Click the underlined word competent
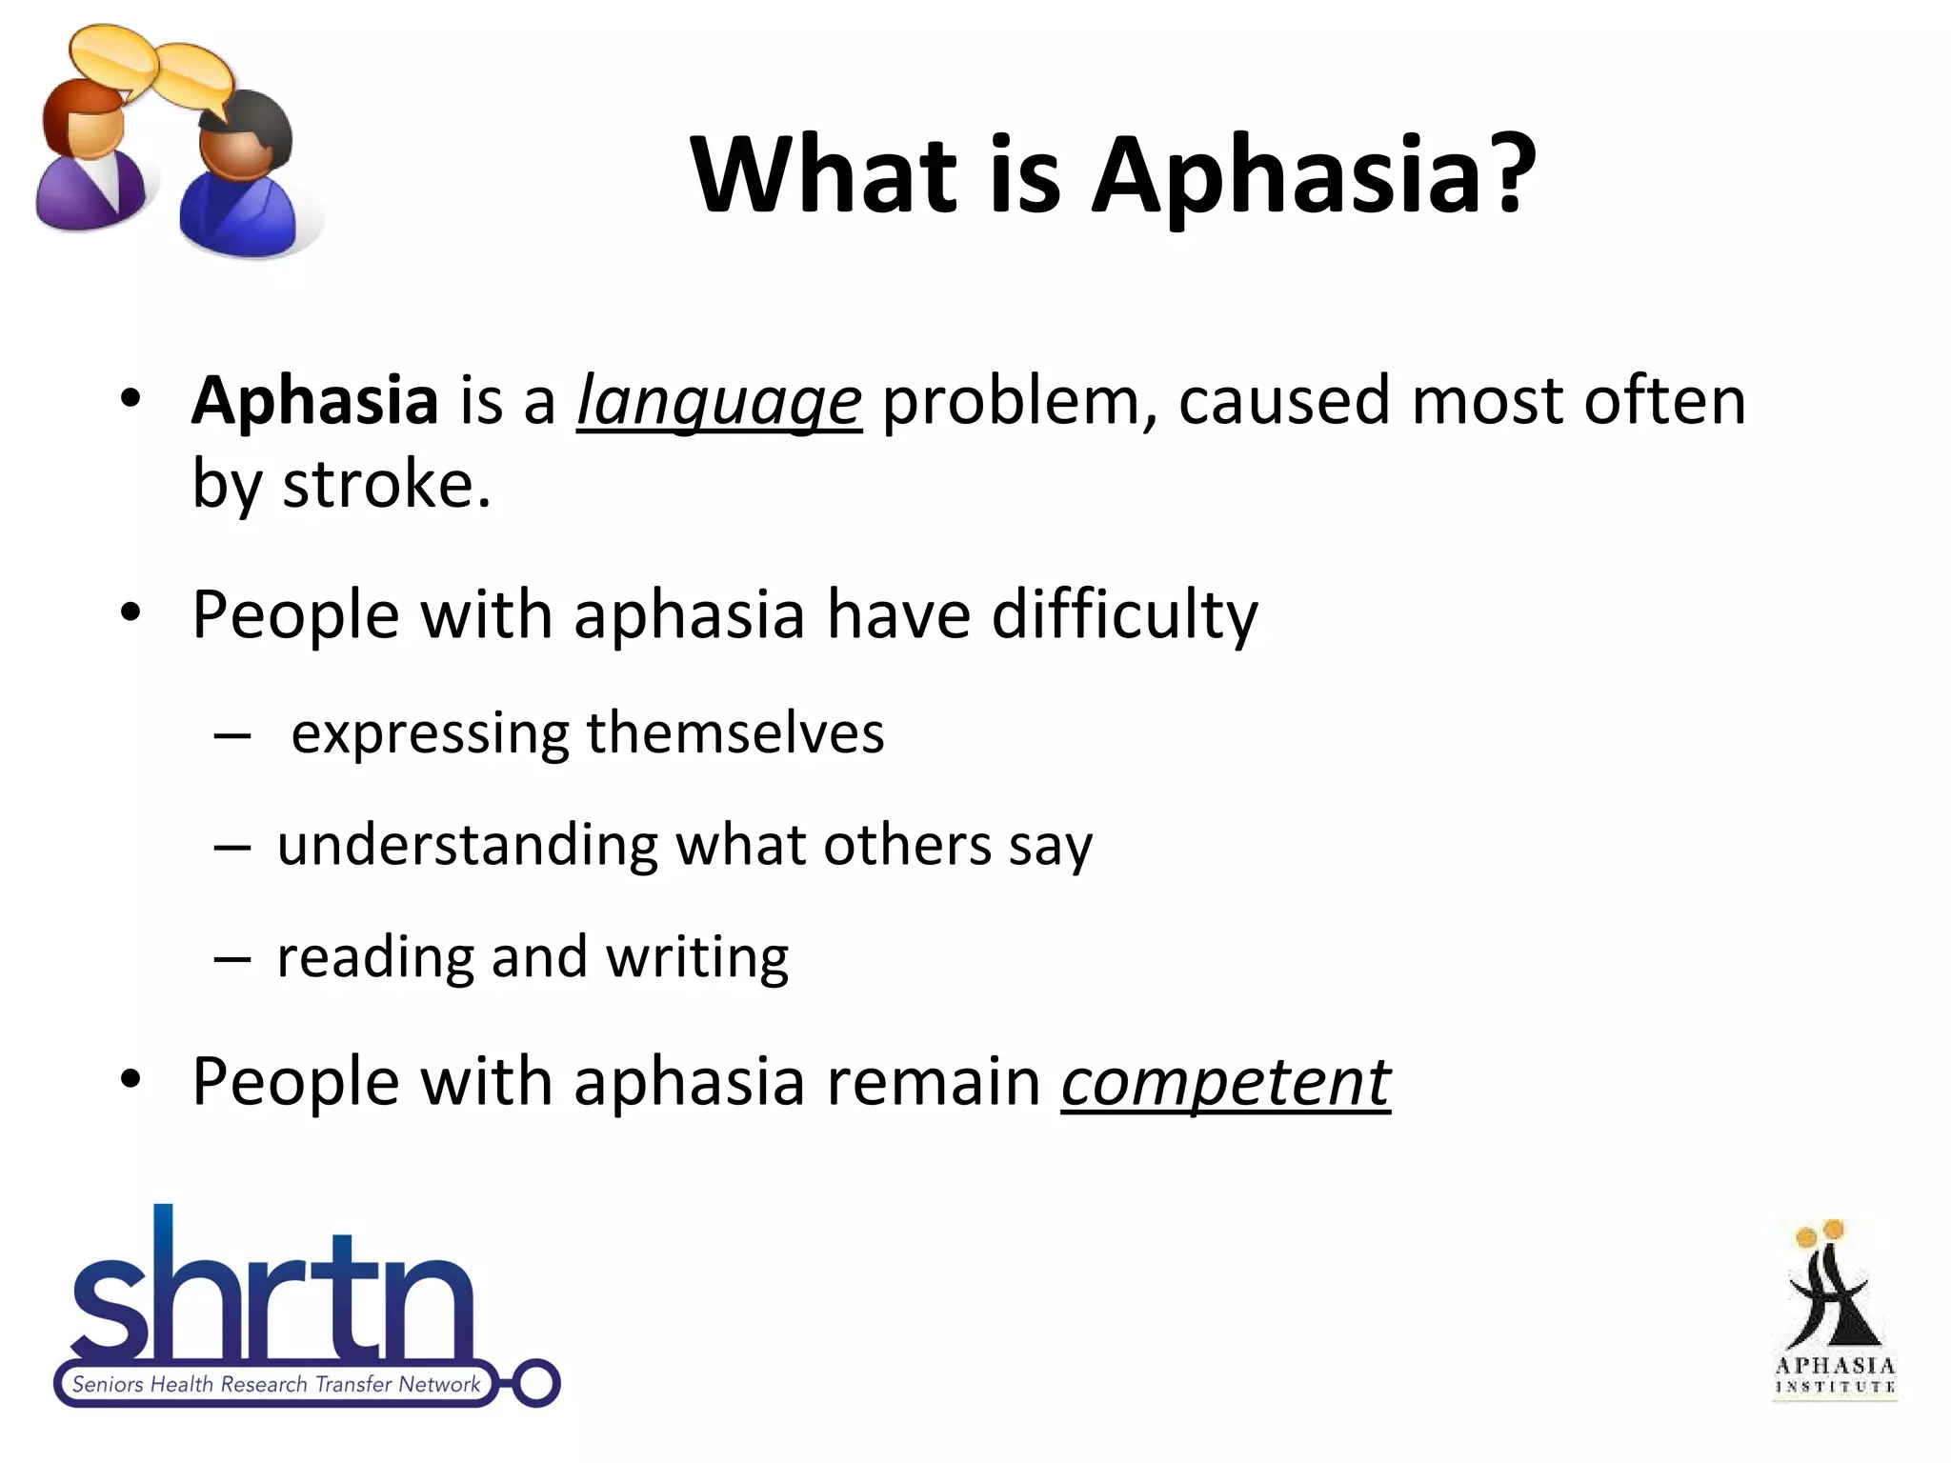(1226, 1083)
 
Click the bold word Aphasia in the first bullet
(314, 400)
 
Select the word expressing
(430, 734)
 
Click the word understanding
(468, 845)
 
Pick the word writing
(697, 957)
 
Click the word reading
(375, 957)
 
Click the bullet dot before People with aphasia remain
(131, 1081)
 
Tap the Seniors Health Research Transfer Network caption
(276, 1385)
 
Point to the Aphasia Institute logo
(1834, 1311)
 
